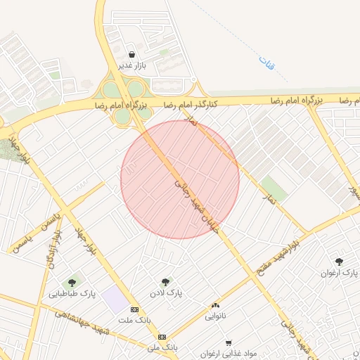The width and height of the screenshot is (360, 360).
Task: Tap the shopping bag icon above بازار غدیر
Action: click(x=132, y=54)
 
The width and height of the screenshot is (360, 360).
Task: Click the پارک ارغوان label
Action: click(x=340, y=272)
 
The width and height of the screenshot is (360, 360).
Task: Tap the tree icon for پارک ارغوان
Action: click(x=340, y=261)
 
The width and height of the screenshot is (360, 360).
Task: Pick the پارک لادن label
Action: click(x=166, y=292)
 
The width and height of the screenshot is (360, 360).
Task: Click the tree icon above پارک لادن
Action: click(x=166, y=281)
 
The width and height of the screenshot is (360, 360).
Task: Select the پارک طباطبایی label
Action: click(x=72, y=293)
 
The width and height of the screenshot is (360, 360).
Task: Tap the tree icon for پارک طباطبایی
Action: click(x=72, y=283)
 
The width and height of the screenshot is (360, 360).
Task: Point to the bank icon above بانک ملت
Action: click(x=134, y=309)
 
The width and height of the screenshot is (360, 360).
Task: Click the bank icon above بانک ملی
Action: click(x=162, y=337)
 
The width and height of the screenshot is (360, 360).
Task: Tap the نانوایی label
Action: click(x=216, y=317)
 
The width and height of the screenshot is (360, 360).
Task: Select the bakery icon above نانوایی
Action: click(x=215, y=306)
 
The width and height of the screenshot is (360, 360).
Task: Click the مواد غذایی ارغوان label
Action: click(x=229, y=354)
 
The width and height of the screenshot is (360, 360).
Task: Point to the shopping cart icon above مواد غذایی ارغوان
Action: click(x=229, y=343)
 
